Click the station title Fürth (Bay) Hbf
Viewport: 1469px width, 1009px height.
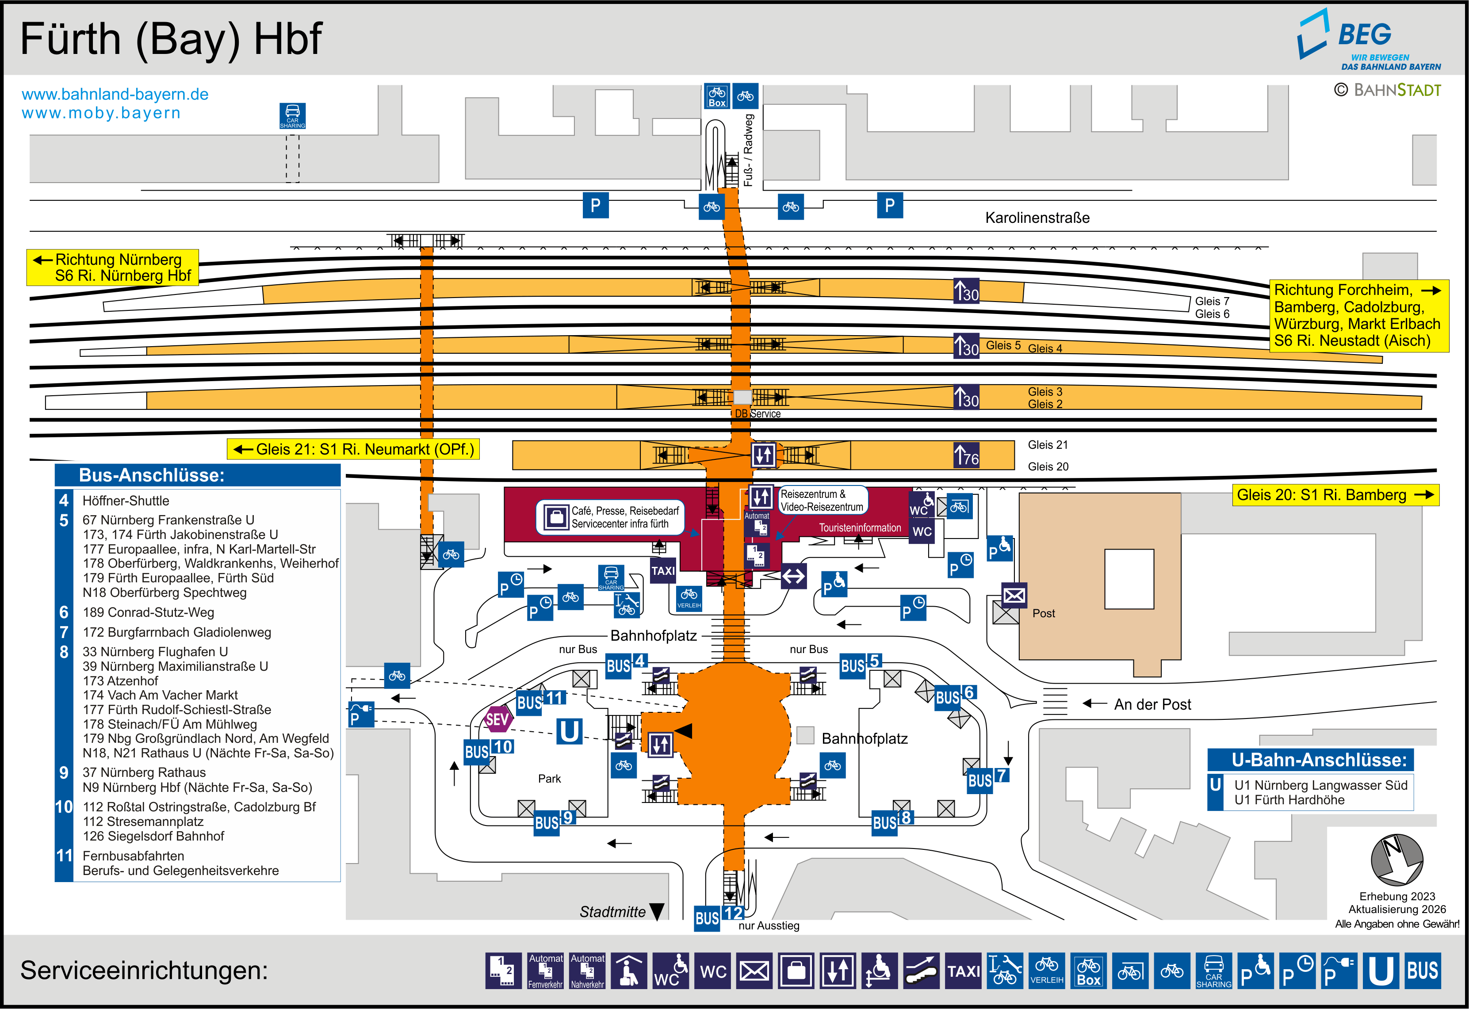click(x=171, y=39)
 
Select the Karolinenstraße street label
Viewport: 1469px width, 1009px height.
click(x=1037, y=218)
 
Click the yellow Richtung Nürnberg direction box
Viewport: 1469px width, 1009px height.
click(x=112, y=268)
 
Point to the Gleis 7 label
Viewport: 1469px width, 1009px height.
click(x=1212, y=301)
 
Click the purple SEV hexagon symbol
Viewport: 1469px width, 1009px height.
click(x=497, y=719)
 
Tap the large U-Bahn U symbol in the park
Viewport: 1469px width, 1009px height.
click(x=569, y=731)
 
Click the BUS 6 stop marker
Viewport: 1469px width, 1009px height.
click(x=955, y=696)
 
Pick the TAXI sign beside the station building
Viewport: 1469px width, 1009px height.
click(x=663, y=571)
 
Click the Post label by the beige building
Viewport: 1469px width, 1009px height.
click(x=1044, y=613)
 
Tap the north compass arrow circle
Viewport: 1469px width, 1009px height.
click(x=1396, y=860)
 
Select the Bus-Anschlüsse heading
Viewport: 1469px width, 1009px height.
click(x=152, y=475)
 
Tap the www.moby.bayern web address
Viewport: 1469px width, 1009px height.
click(x=101, y=113)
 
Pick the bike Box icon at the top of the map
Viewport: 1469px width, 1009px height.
click(x=717, y=96)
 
